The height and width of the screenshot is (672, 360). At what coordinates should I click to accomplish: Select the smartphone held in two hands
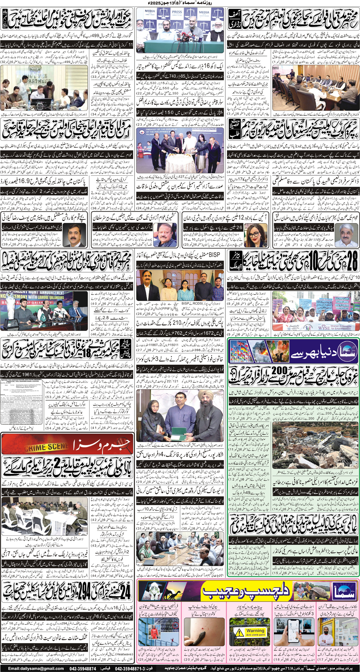point(294,633)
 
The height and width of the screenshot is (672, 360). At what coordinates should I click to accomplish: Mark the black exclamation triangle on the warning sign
point(239,633)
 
